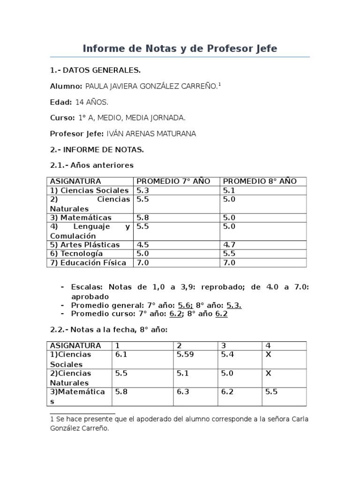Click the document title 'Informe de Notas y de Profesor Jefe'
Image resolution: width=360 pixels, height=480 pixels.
point(180,48)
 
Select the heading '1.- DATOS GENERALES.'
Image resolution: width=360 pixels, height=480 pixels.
point(95,70)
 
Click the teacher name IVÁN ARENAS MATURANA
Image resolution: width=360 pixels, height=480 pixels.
point(151,134)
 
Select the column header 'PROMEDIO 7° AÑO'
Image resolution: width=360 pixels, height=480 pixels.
point(173,181)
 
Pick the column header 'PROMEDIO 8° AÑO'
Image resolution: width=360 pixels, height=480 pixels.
point(259,181)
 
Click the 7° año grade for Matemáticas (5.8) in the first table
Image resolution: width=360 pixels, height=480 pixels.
point(142,217)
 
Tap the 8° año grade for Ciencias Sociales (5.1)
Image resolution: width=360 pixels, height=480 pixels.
point(229,190)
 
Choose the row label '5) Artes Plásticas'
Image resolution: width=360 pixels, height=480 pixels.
point(85,245)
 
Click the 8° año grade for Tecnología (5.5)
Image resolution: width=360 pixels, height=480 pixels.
point(229,254)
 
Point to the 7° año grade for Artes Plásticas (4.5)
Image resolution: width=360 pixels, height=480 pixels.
point(142,245)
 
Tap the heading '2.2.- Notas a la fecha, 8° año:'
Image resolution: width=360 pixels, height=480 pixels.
point(108,330)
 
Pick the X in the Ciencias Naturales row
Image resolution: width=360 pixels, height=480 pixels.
point(269,374)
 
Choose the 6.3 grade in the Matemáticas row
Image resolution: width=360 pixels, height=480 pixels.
point(183,392)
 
